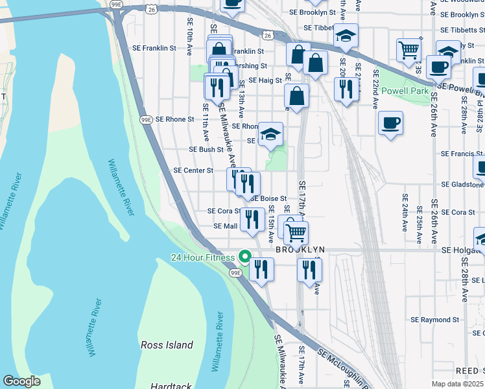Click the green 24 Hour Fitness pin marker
pyautogui.click(x=245, y=257)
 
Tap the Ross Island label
pyautogui.click(x=167, y=345)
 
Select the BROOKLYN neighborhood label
pyautogui.click(x=300, y=250)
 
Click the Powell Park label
pyautogui.click(x=405, y=91)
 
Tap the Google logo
pyautogui.click(x=21, y=381)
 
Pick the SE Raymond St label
pyautogui.click(x=434, y=320)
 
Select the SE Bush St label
pyautogui.click(x=206, y=149)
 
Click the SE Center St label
pyautogui.click(x=193, y=171)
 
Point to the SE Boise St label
pyautogui.click(x=268, y=198)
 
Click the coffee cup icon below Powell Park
pyautogui.click(x=390, y=123)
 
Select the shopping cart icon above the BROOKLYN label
pyautogui.click(x=296, y=232)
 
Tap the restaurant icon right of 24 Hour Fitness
pyautogui.click(x=261, y=269)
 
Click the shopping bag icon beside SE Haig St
pyautogui.click(x=296, y=97)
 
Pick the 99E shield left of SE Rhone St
pyautogui.click(x=147, y=119)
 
